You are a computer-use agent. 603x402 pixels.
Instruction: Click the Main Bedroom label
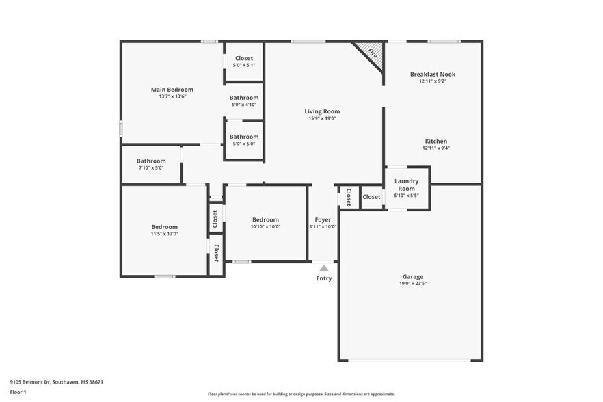pos(172,89)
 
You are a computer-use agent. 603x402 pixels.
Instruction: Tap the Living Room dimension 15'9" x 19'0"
pos(322,118)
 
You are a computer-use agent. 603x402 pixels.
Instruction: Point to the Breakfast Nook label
pos(432,74)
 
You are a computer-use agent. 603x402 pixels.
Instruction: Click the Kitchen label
pos(435,141)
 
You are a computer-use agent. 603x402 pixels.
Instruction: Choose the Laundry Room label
pos(407,185)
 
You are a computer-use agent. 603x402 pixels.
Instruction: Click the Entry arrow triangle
pos(324,269)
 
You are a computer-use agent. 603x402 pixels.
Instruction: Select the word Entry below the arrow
pos(324,278)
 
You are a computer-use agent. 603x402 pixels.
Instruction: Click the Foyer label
pos(323,219)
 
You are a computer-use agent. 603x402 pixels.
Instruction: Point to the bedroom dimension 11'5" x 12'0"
pos(164,234)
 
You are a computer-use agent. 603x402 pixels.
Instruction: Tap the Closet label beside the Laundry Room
pos(371,197)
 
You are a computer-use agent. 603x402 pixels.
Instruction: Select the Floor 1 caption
pos(18,392)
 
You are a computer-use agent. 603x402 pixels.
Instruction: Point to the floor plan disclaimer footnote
pos(301,394)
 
